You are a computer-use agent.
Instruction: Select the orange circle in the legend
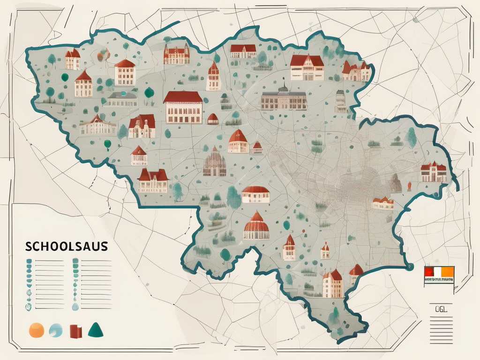(36, 330)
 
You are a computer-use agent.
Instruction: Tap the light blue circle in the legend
(55, 330)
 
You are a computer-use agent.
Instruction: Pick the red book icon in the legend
(75, 331)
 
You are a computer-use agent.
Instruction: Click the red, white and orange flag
(439, 274)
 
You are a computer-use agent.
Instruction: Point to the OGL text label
(441, 308)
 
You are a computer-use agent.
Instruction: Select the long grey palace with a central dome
(283, 100)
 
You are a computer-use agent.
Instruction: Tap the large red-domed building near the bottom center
(256, 226)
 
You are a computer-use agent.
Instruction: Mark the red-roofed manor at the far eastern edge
(433, 172)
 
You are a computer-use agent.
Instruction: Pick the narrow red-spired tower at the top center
(213, 76)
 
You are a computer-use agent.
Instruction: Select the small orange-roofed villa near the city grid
(382, 203)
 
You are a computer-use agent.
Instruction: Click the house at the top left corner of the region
(73, 60)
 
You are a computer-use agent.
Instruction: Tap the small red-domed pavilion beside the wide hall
(213, 119)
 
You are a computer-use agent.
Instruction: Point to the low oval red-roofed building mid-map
(255, 194)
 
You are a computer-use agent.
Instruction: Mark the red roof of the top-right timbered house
(307, 60)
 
